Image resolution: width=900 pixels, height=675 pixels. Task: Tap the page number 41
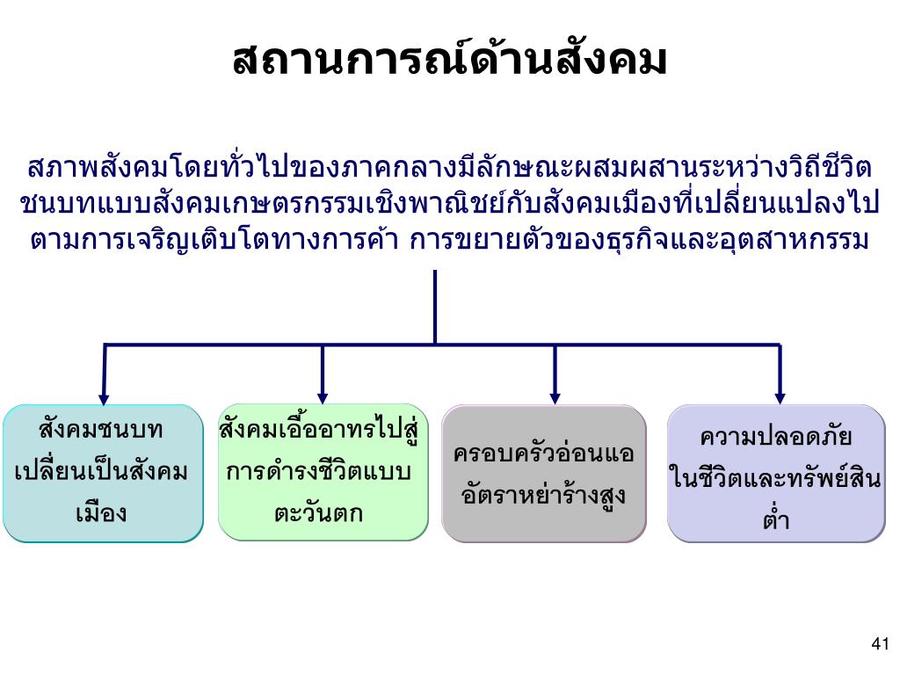tap(880, 644)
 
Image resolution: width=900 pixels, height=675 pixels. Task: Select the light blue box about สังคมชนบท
tap(103, 473)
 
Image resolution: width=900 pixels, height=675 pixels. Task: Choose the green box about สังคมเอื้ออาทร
tap(323, 472)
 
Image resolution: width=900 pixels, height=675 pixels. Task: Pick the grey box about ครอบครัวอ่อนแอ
tap(543, 473)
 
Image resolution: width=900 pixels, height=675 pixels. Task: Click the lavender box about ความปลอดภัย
tap(776, 473)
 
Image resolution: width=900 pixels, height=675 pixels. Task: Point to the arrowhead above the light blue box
tap(104, 396)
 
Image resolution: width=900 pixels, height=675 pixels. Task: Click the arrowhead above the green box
tap(323, 396)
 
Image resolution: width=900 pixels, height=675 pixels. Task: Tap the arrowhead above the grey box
tap(555, 396)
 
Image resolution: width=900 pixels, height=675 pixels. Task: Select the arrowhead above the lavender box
tap(780, 396)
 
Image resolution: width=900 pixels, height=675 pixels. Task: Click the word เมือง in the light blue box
tap(102, 512)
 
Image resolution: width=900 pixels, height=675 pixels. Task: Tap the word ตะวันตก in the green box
tap(318, 513)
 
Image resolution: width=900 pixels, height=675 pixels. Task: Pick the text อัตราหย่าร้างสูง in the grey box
tap(543, 495)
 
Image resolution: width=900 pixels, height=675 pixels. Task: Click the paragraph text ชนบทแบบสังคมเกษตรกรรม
tap(176, 204)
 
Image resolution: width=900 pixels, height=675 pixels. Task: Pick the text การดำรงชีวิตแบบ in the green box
tap(318, 472)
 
